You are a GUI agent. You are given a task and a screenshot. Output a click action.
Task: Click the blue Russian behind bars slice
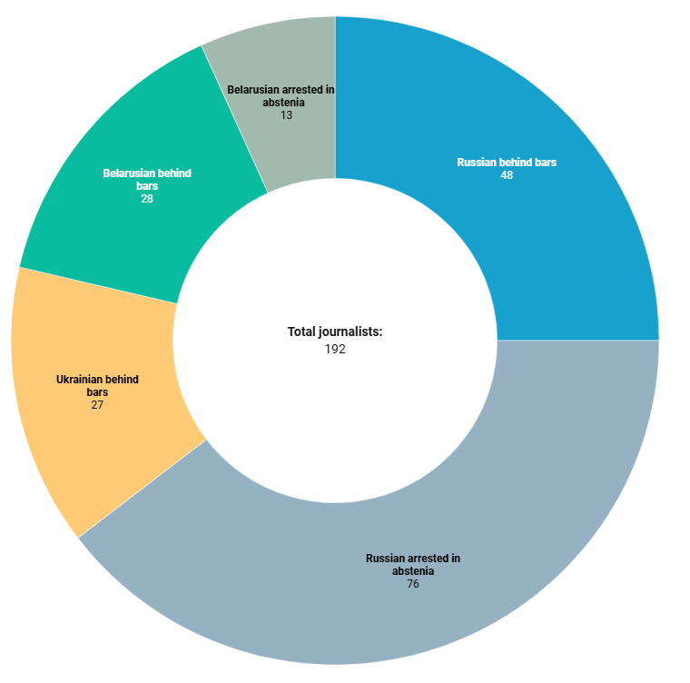click(545, 227)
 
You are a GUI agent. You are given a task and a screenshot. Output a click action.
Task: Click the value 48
click(507, 175)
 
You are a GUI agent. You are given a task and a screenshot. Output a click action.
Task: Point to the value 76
click(413, 584)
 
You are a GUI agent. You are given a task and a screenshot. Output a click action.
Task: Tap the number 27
click(97, 405)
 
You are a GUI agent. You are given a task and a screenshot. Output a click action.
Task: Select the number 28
click(147, 198)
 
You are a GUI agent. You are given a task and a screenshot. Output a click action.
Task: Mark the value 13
click(286, 115)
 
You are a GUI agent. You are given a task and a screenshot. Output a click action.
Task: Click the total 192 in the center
click(335, 349)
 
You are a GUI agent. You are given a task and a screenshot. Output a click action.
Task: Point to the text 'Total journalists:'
click(335, 332)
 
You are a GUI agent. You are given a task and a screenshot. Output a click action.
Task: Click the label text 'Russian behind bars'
click(507, 163)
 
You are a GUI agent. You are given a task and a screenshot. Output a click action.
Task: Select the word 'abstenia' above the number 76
click(413, 571)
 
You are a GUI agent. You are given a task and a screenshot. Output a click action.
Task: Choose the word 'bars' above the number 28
click(147, 185)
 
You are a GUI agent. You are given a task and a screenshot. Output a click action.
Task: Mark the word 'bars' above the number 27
click(97, 392)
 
